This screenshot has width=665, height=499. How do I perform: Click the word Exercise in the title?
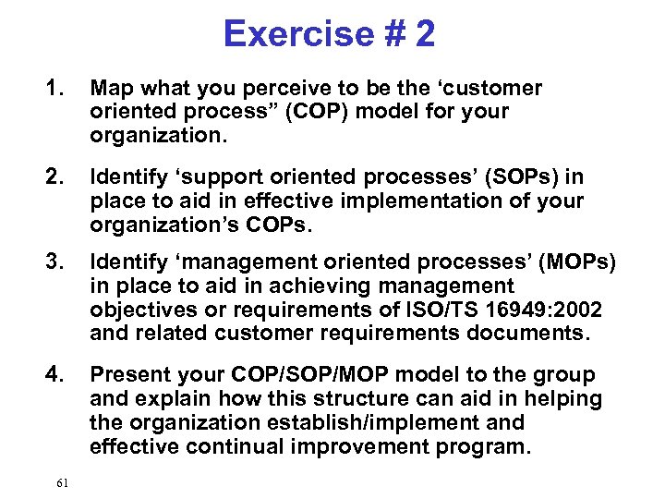287,34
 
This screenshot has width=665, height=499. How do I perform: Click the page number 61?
62,482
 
